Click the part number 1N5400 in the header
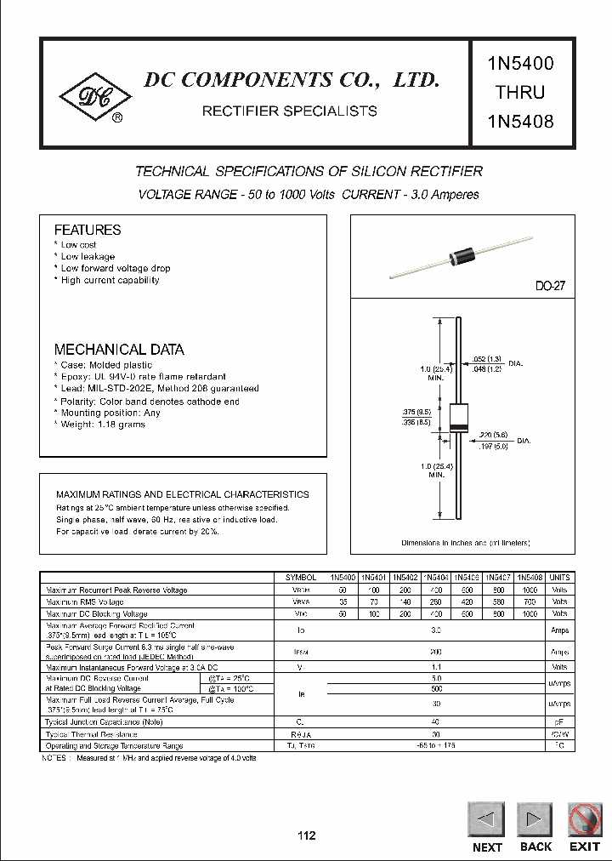pyautogui.click(x=521, y=63)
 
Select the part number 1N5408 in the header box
pyautogui.click(x=521, y=121)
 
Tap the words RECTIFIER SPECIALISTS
pyautogui.click(x=289, y=111)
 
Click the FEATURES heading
pyautogui.click(x=88, y=230)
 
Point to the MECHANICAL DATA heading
pyautogui.click(x=119, y=350)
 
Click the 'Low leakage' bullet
pyautogui.click(x=88, y=256)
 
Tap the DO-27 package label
pyautogui.click(x=550, y=287)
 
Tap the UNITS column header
pyautogui.click(x=560, y=577)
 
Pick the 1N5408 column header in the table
pyautogui.click(x=529, y=577)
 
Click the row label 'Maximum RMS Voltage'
pyautogui.click(x=86, y=602)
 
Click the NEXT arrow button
pyautogui.click(x=487, y=820)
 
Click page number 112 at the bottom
pyautogui.click(x=306, y=835)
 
